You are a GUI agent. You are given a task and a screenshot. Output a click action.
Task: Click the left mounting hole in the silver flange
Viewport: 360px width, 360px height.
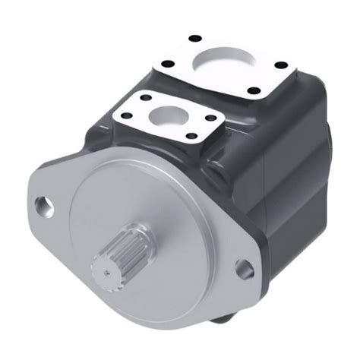42,204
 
